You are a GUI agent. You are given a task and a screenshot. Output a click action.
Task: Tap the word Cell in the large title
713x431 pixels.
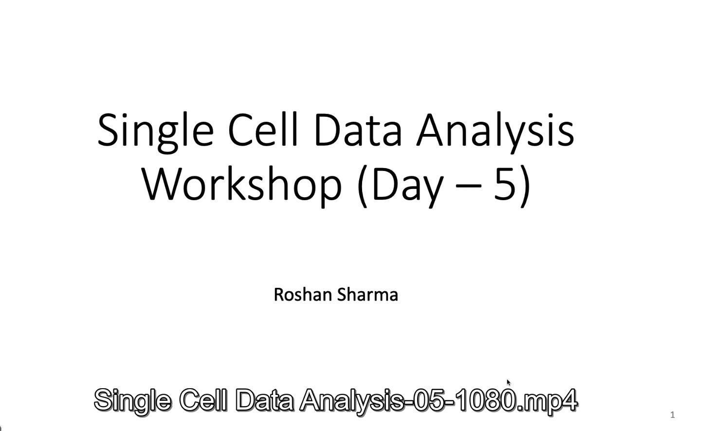point(263,130)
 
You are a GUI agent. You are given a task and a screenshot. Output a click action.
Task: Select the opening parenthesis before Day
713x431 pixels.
point(363,187)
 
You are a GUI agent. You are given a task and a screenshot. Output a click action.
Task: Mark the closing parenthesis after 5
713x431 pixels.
point(525,187)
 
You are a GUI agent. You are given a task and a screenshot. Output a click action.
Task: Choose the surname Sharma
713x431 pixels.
point(367,294)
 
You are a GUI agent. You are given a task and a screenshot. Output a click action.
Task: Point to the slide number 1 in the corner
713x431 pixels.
point(673,415)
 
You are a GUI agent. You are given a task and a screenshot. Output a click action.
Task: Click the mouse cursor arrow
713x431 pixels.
point(509,383)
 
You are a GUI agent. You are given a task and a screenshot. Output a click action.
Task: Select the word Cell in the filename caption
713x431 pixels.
point(203,399)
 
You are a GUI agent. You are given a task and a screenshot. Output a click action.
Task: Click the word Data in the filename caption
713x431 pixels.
point(264,400)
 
